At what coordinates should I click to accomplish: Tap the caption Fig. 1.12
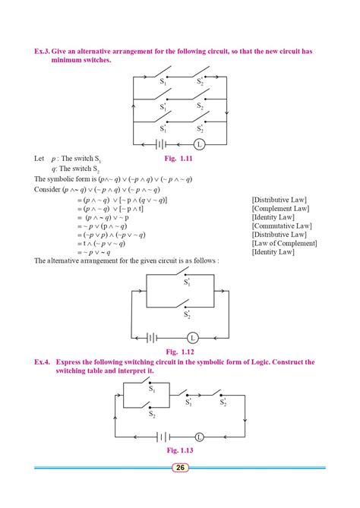pos(180,352)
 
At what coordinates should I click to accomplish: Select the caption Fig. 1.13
pos(180,450)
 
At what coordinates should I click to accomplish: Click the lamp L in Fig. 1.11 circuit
pos(199,143)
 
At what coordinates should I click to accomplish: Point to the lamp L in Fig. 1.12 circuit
pos(192,337)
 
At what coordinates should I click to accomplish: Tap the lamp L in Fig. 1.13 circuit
pos(199,437)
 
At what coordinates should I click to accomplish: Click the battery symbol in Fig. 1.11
pos(162,143)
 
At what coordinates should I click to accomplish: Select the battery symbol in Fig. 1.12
pos(152,337)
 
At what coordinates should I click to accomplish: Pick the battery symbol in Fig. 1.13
pos(163,437)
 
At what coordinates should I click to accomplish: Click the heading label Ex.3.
pos(44,51)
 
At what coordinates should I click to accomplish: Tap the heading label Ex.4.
pos(43,362)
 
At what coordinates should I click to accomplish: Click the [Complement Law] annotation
pos(280,208)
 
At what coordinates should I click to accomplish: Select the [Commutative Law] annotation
pos(282,226)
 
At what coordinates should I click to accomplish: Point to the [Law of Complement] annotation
pos(284,243)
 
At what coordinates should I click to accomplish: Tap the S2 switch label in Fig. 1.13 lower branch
pos(152,415)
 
